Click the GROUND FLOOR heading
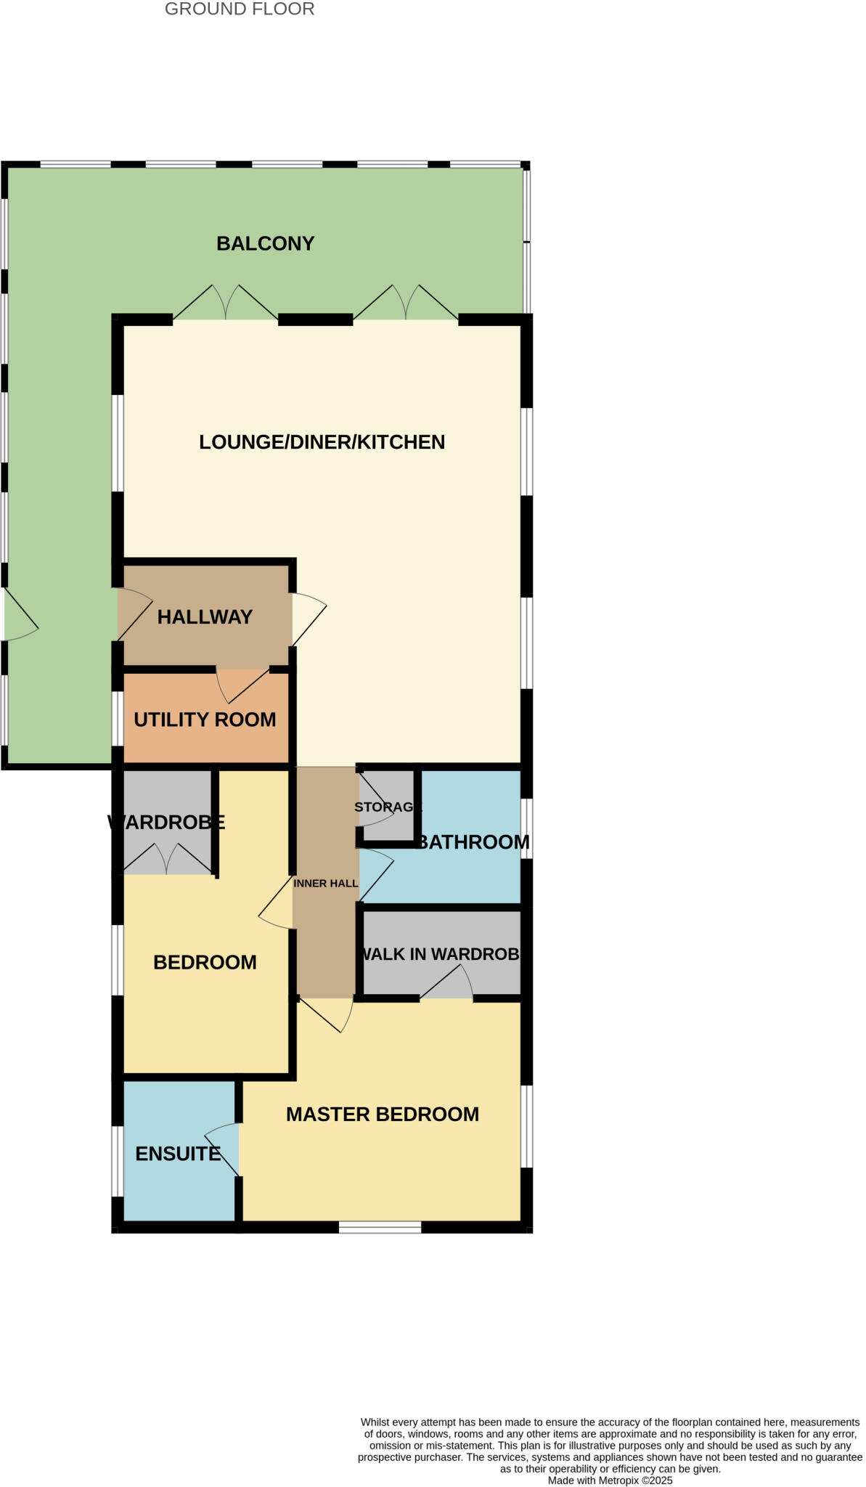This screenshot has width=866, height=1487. coord(240,9)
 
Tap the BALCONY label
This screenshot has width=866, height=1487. coord(265,243)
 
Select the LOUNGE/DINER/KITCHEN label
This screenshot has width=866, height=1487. coord(322,442)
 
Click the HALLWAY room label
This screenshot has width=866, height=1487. coord(205,617)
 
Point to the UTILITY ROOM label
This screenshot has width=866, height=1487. coord(205,720)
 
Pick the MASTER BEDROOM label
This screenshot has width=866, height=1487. coord(383,1114)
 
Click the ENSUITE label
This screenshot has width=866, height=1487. coord(178,1154)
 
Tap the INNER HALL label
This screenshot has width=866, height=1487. coord(325,884)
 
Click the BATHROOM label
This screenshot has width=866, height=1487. coord(473,842)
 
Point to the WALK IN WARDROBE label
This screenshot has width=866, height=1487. coord(441,954)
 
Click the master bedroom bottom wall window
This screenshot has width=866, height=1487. coord(380,1227)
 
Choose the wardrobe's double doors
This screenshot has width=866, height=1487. coord(168,858)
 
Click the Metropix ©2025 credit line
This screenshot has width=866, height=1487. coord(610,1480)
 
